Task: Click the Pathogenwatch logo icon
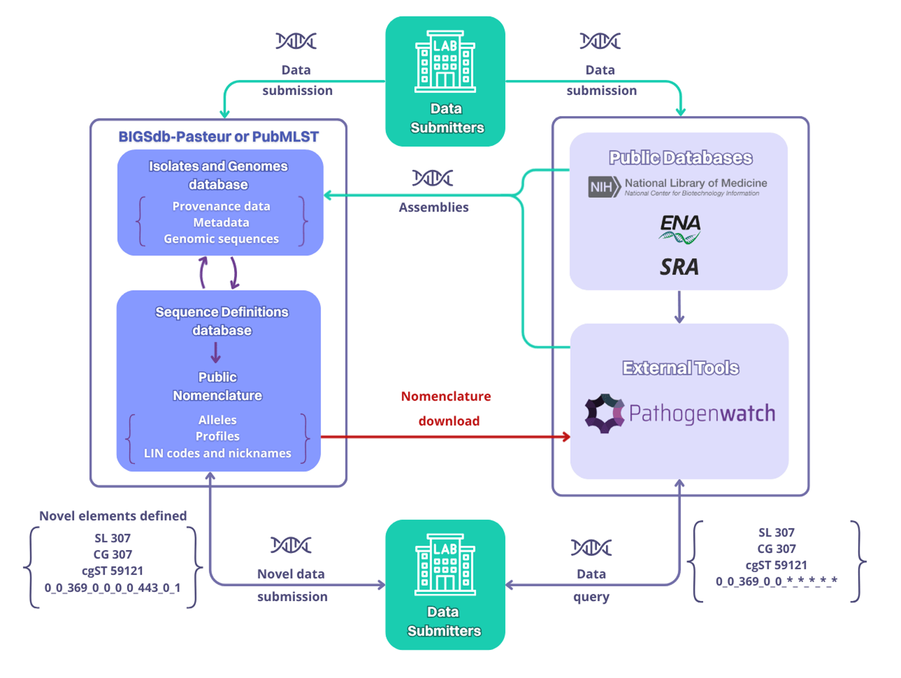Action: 604,413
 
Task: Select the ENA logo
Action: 680,228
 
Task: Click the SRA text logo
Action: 679,267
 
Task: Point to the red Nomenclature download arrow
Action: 445,436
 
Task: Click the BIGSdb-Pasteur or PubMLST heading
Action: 218,137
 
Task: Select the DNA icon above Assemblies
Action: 433,178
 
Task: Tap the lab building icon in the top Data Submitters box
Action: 445,62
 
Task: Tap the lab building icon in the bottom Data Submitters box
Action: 445,564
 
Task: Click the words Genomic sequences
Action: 221,239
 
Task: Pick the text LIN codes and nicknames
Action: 217,453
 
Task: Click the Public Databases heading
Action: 681,158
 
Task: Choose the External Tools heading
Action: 681,368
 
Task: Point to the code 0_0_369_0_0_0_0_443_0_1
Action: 113,588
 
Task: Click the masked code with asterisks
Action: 776,582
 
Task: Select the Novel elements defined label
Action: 113,516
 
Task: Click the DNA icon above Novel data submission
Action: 291,545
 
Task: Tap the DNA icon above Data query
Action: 591,547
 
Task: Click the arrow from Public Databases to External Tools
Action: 679,307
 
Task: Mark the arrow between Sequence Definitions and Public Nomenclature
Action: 215,353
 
